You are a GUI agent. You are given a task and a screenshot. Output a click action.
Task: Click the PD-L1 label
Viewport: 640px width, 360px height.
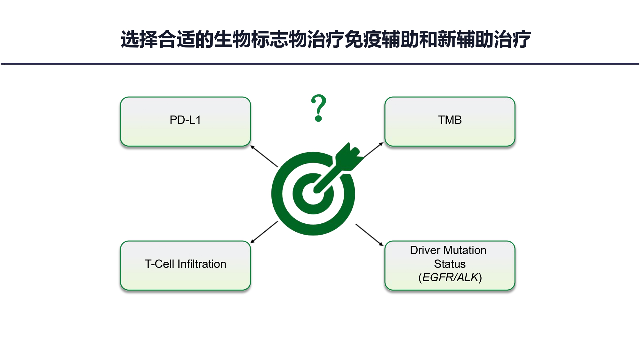pyautogui.click(x=185, y=120)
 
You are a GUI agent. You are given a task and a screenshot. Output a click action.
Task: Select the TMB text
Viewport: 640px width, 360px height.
pyautogui.click(x=450, y=120)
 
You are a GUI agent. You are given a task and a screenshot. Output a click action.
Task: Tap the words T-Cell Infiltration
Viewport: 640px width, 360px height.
pyautogui.click(x=185, y=264)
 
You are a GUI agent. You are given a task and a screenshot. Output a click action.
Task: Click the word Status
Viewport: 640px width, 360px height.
pyautogui.click(x=450, y=264)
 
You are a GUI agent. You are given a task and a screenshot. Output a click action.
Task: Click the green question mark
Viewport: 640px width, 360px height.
pyautogui.click(x=319, y=108)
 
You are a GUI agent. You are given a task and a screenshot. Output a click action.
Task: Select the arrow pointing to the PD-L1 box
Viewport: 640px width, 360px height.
pyautogui.click(x=264, y=156)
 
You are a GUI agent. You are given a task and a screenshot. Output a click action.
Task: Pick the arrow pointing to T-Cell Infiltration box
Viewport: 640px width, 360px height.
pyautogui.click(x=264, y=232)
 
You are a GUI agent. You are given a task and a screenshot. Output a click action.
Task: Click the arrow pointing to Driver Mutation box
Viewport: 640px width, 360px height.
pyautogui.click(x=369, y=235)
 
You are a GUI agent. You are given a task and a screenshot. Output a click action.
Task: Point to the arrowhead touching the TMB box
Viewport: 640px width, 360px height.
pyautogui.click(x=381, y=144)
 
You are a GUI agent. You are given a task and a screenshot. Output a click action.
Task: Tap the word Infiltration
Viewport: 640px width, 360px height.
pyautogui.click(x=202, y=264)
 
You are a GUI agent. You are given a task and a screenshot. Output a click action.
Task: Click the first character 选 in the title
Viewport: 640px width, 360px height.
pyautogui.click(x=130, y=39)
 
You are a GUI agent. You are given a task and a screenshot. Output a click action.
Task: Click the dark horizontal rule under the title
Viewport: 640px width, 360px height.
pyautogui.click(x=320, y=64)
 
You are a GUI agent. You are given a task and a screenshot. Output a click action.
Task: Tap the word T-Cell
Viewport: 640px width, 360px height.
pyautogui.click(x=160, y=264)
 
